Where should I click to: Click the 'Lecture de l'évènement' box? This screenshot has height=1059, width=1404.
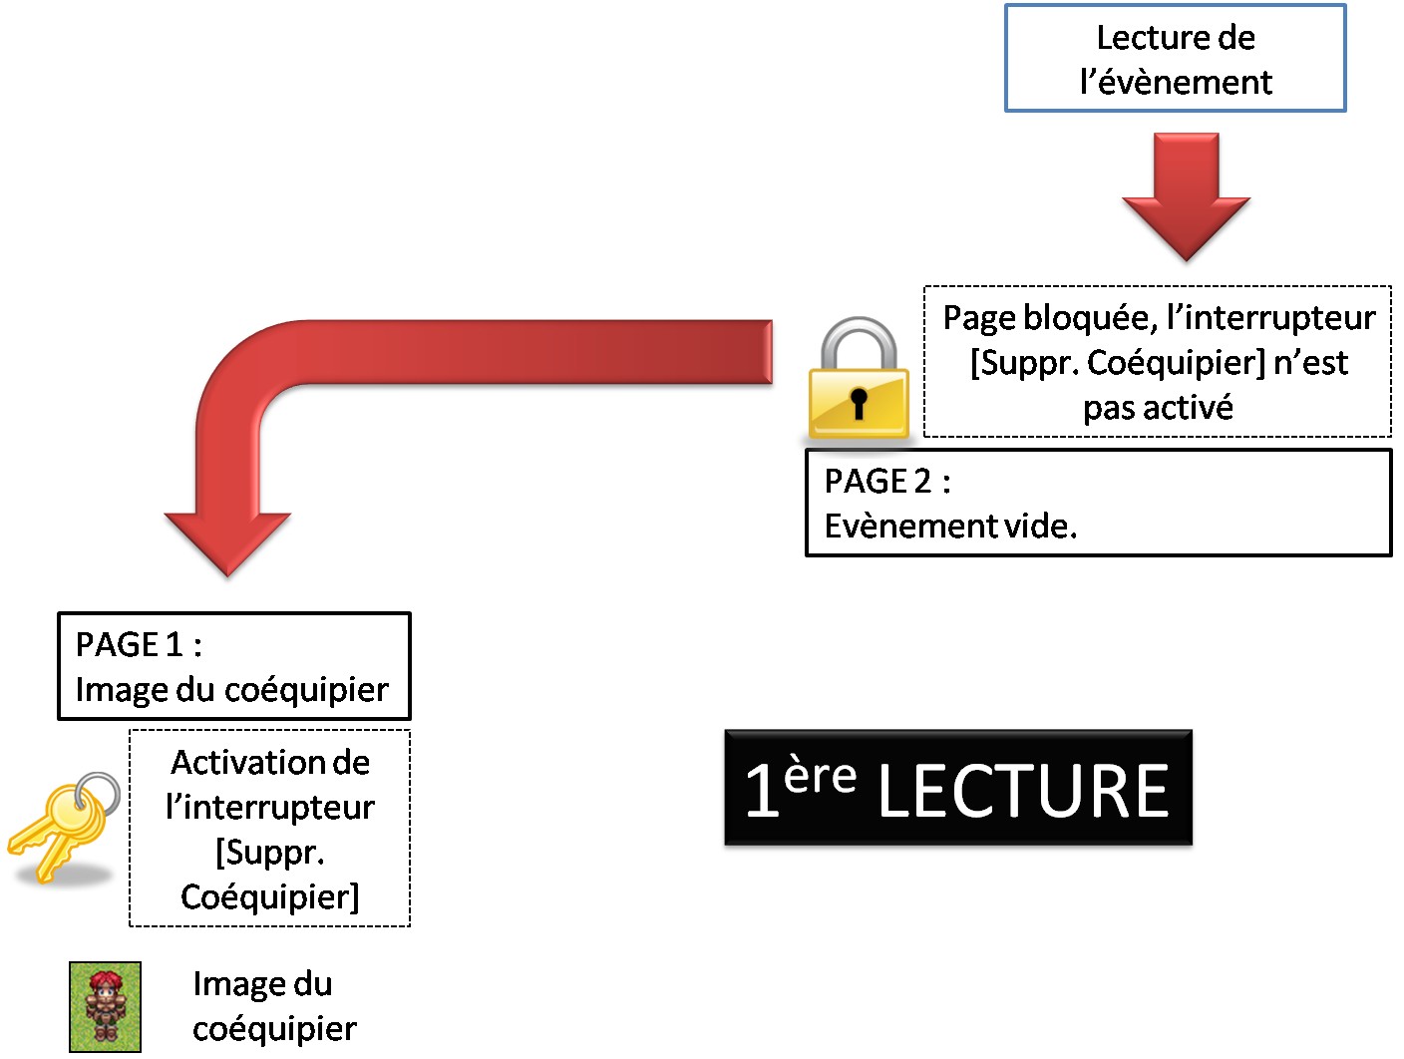pos(1175,58)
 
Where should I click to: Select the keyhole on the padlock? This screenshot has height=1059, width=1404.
pos(859,403)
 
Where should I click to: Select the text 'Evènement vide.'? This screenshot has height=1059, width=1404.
pos(950,526)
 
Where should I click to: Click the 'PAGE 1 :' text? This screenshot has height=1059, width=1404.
pos(139,645)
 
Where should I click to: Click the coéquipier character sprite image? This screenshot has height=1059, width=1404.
pos(105,1006)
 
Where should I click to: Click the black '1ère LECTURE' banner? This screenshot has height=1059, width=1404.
pos(957,791)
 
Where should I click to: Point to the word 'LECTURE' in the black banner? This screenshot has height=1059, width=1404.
pos(1023,792)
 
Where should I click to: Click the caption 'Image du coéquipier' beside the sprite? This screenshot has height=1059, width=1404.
pos(273,1006)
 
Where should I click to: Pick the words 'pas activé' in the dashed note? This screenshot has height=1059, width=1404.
pos(1158,408)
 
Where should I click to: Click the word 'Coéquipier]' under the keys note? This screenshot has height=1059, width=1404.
pos(269,897)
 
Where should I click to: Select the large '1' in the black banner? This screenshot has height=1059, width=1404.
pos(762,793)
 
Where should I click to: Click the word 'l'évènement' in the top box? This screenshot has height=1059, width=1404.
pos(1176,82)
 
